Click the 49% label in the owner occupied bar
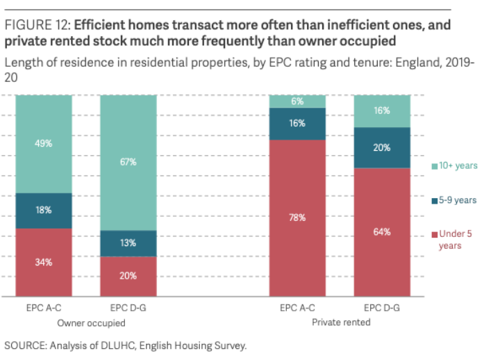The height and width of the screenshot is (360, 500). pos(44,143)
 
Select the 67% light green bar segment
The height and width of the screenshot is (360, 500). pos(128,162)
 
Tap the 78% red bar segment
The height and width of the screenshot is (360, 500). pos(297,218)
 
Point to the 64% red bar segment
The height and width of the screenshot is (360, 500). pos(381,231)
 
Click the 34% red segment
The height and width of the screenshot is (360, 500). pos(44,262)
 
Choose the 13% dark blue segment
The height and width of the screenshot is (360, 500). pos(128,243)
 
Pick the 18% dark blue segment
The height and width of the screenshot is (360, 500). pos(44,210)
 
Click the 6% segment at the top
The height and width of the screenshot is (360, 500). pos(297,101)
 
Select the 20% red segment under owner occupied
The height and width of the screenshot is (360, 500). pos(128,276)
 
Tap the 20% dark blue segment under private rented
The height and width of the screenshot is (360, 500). pos(381,147)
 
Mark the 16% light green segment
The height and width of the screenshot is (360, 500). pos(381,111)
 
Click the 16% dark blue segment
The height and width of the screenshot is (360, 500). pos(297,124)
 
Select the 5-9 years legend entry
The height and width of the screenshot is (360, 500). pos(455,200)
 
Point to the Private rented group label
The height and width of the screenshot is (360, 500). pos(339,323)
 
